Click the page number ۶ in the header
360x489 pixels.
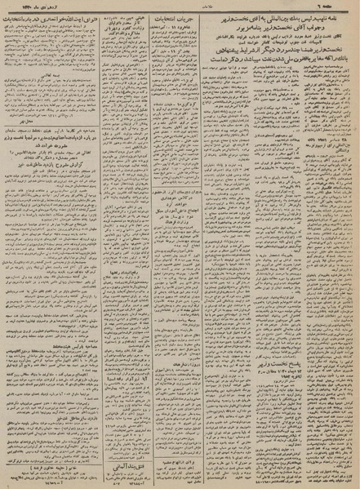[x=342, y=6]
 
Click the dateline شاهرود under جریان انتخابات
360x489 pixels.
[x=181, y=29]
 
